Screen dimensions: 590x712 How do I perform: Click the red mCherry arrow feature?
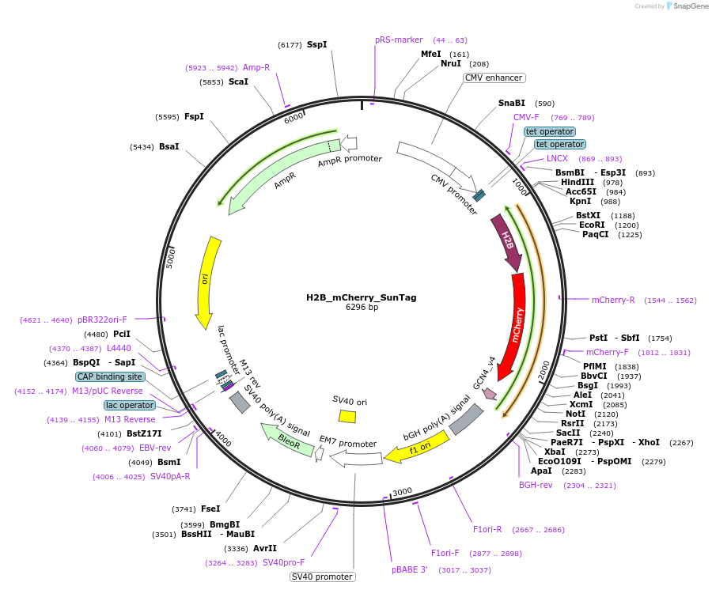(x=517, y=324)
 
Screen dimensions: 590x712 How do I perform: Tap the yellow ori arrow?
(x=207, y=280)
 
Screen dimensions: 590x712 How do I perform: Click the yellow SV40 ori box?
(x=347, y=416)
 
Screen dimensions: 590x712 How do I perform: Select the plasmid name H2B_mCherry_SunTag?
(x=362, y=298)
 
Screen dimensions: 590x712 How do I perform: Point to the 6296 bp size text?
(x=362, y=308)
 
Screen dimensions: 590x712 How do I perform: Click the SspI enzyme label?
(x=316, y=45)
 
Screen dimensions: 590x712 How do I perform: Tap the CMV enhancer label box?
(x=494, y=78)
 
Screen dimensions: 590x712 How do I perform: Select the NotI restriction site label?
(x=575, y=414)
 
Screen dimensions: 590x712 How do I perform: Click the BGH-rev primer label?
(x=536, y=485)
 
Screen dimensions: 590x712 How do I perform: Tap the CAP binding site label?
(x=110, y=377)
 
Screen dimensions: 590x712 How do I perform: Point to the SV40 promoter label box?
(x=322, y=577)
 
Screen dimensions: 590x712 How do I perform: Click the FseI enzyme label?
(x=211, y=509)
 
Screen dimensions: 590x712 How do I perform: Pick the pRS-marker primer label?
(x=399, y=40)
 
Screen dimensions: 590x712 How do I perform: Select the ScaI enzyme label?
(x=238, y=81)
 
